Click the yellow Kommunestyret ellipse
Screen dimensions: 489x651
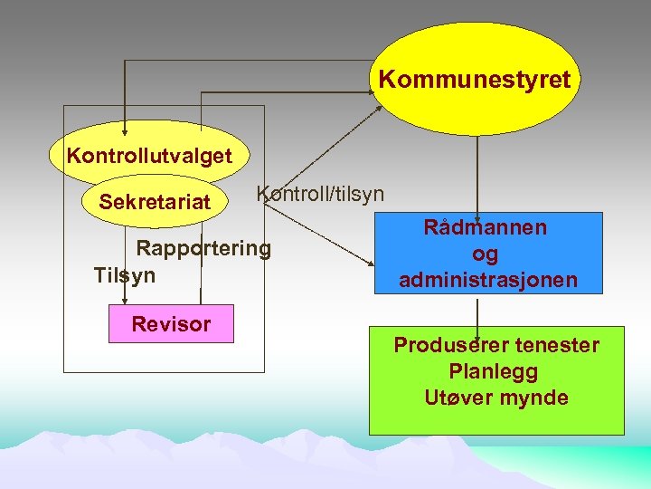[474, 79]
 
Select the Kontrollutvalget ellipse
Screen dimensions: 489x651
[149, 155]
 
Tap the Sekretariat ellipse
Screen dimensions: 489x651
[155, 201]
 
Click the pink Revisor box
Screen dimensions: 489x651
[171, 323]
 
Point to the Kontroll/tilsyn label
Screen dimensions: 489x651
[320, 194]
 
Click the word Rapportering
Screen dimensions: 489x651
[203, 248]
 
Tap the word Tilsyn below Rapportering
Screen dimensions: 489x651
[124, 274]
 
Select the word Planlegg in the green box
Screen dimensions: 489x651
[494, 371]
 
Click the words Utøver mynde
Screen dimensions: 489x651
[496, 398]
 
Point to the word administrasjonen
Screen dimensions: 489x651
[487, 280]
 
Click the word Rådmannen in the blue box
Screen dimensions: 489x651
[485, 227]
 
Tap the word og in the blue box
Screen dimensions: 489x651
[486, 254]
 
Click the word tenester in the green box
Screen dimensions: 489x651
[557, 345]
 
